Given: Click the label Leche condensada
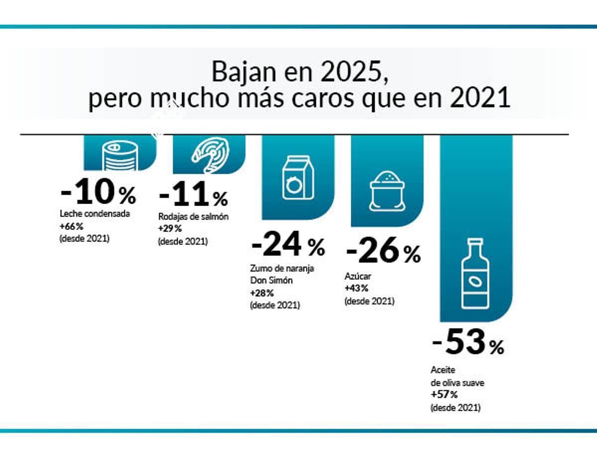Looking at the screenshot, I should pos(94,214).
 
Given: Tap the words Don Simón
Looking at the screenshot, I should pos(271,280).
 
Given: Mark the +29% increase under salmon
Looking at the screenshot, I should pos(170,229).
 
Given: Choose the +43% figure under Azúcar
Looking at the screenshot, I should pos(356,288).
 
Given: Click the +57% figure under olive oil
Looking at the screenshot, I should pos(444,395).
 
